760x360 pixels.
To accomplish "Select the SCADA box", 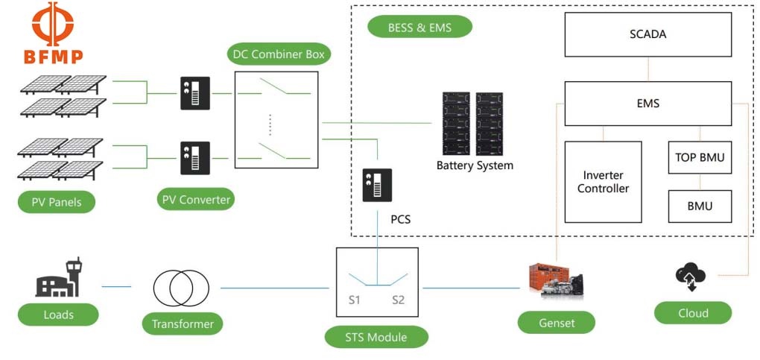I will (647, 35).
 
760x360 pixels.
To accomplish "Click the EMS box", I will (647, 104).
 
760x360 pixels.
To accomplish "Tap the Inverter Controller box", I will (603, 182).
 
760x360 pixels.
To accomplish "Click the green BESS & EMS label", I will (420, 28).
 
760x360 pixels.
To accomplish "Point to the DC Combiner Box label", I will (277, 54).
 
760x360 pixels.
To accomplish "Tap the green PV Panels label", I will (57, 201).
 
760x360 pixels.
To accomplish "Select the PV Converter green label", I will (197, 200).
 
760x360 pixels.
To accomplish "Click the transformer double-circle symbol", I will (181, 288).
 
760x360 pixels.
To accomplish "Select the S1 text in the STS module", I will (355, 300).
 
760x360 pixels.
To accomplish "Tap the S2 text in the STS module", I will (399, 300).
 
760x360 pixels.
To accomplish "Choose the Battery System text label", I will (475, 165).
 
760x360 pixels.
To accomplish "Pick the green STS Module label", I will (376, 337).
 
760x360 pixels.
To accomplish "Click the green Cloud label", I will (693, 313).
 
